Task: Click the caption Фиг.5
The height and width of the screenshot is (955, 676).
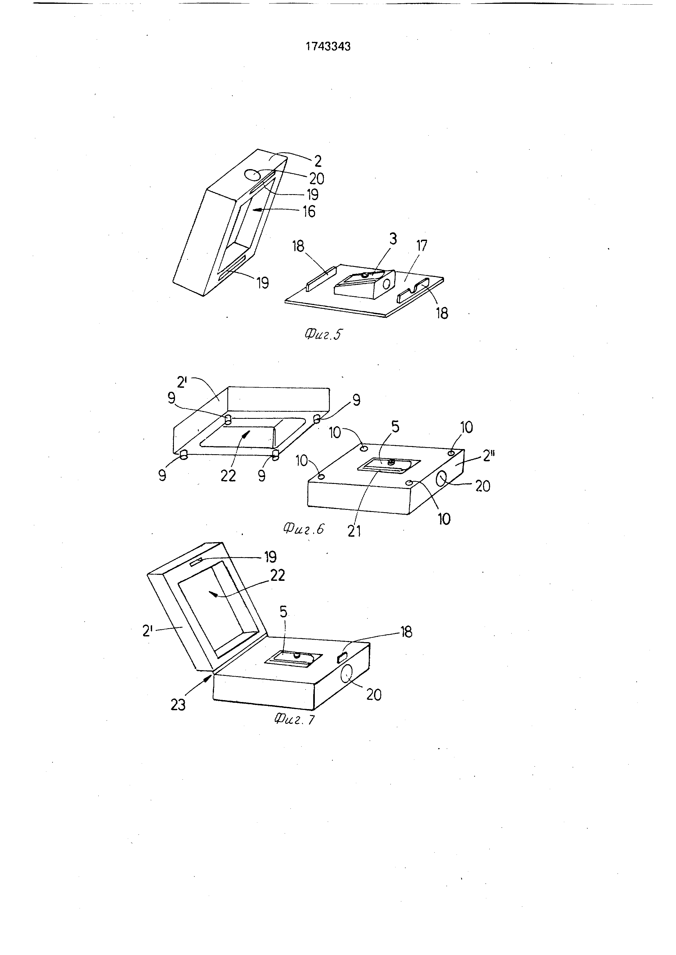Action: click(322, 334)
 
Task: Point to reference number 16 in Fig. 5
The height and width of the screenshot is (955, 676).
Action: click(309, 211)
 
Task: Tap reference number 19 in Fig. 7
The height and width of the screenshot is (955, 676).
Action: click(270, 557)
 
